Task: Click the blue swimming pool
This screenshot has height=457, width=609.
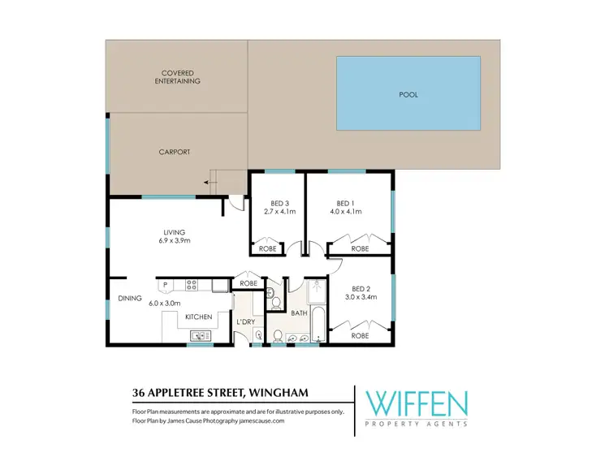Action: click(x=408, y=94)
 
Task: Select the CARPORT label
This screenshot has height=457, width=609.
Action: click(x=175, y=152)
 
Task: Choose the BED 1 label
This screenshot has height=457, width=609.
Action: click(x=345, y=203)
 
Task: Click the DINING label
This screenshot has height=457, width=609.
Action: click(x=130, y=298)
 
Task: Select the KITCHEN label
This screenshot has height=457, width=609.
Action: click(x=198, y=316)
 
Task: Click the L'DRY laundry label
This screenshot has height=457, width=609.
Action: click(x=246, y=322)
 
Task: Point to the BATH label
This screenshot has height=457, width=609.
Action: click(x=299, y=313)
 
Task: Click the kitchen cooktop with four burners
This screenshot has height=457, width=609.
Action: click(x=192, y=284)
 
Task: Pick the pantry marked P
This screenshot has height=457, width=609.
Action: click(x=165, y=284)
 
